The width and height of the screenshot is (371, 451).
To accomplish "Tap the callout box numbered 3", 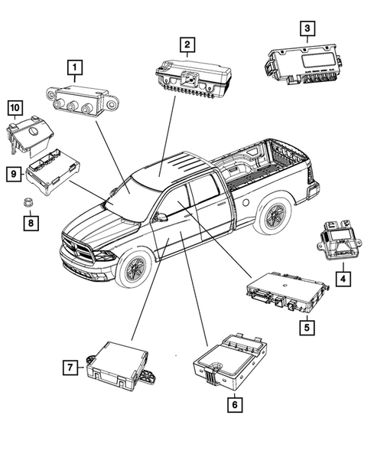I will point(307,29).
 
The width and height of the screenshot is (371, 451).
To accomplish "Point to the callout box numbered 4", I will point(345,279).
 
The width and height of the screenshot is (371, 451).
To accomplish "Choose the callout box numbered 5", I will point(306,328).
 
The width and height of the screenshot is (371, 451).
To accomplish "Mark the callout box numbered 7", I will point(70,368).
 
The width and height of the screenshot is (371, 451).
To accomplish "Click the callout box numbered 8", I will point(30,223).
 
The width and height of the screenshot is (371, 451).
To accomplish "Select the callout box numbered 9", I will point(15,175).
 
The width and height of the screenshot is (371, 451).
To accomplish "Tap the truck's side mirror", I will point(160,218).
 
